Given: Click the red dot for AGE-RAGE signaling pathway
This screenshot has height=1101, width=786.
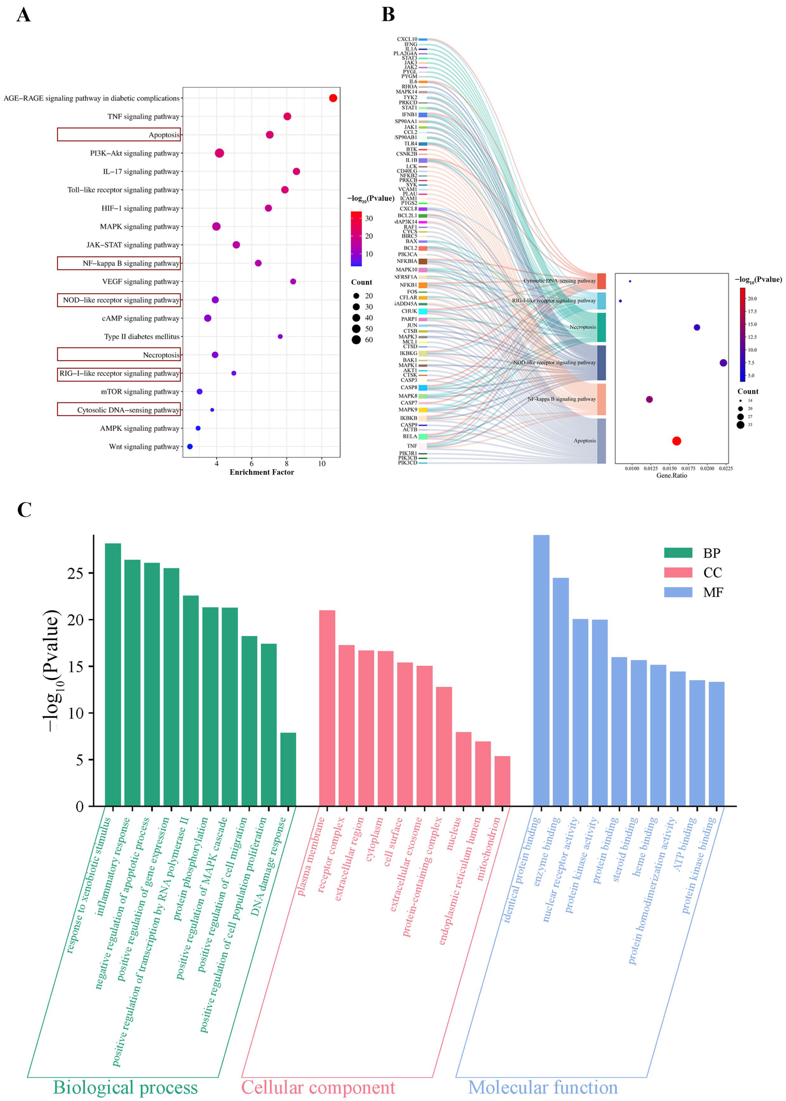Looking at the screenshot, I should (333, 98).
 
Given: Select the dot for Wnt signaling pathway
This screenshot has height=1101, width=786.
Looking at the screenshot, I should (190, 447).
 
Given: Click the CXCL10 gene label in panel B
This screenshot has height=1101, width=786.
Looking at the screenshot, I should (407, 39).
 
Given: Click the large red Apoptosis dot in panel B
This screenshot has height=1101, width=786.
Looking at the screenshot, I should (677, 441).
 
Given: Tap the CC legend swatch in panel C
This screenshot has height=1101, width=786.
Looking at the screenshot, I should (678, 573).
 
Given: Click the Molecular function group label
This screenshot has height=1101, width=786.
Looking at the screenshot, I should (543, 1088).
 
